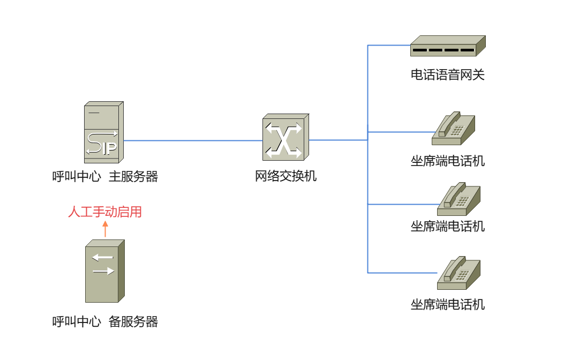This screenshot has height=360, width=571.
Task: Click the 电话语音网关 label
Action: tap(447, 75)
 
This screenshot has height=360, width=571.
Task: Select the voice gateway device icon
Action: tap(447, 46)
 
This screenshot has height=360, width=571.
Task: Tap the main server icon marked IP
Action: tap(103, 132)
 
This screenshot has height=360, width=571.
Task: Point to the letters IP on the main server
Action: tap(109, 148)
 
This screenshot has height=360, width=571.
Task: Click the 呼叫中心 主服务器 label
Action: tap(105, 177)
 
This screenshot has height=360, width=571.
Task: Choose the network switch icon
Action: tap(285, 138)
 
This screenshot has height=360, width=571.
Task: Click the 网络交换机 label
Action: tap(285, 176)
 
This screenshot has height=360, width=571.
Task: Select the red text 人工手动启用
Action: tap(105, 212)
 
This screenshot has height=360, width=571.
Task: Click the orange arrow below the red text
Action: tap(105, 229)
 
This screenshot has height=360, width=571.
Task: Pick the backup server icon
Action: tap(104, 271)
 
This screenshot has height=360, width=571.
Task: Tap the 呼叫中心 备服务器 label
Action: tap(105, 322)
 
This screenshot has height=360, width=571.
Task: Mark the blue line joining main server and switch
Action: tap(193, 140)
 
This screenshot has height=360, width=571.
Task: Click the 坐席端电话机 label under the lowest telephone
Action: tap(447, 305)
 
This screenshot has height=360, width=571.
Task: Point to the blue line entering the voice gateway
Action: tap(388, 46)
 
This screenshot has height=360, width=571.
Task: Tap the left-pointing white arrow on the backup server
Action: tap(102, 258)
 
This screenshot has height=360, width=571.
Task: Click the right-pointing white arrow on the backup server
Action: tap(103, 271)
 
